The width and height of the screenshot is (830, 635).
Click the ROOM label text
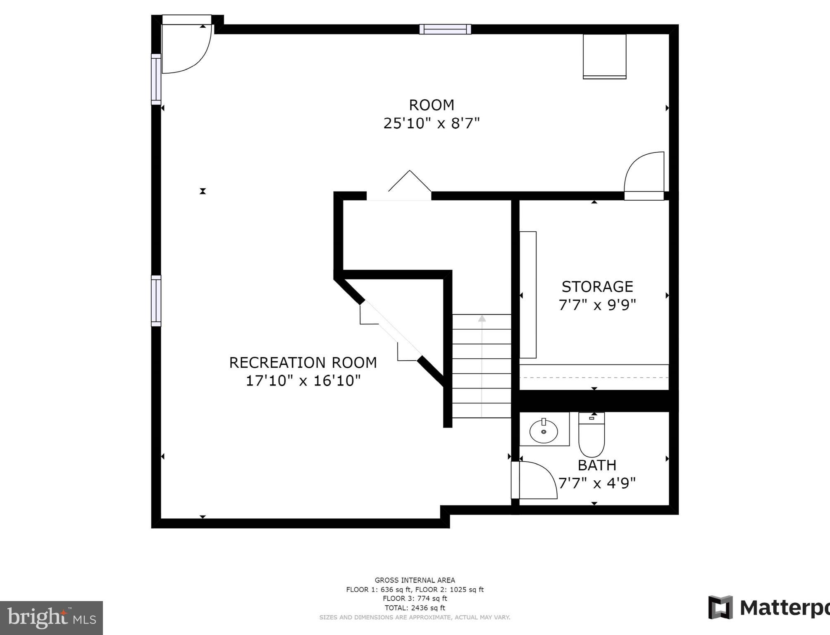point(432,105)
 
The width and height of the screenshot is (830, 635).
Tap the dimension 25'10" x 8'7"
point(432,123)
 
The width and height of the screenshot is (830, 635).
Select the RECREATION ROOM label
point(303,363)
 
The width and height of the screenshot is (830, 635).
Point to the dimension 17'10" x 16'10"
point(303,381)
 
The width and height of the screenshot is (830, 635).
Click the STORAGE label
point(597,287)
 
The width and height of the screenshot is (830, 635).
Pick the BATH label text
point(597,465)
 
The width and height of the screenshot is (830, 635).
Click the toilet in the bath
point(591,434)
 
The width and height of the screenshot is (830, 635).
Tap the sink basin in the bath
point(544,431)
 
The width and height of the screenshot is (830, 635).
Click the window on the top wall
point(445,29)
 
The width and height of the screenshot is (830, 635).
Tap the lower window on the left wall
point(156,301)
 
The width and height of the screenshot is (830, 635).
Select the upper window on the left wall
point(156,79)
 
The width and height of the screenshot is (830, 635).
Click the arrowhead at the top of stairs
point(482,319)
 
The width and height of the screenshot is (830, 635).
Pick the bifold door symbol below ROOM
point(409,182)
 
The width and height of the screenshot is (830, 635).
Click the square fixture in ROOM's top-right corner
point(604,56)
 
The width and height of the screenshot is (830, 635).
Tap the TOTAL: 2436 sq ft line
point(415,608)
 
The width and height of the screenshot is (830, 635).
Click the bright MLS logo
point(51,618)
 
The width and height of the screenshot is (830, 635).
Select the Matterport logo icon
point(720,607)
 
